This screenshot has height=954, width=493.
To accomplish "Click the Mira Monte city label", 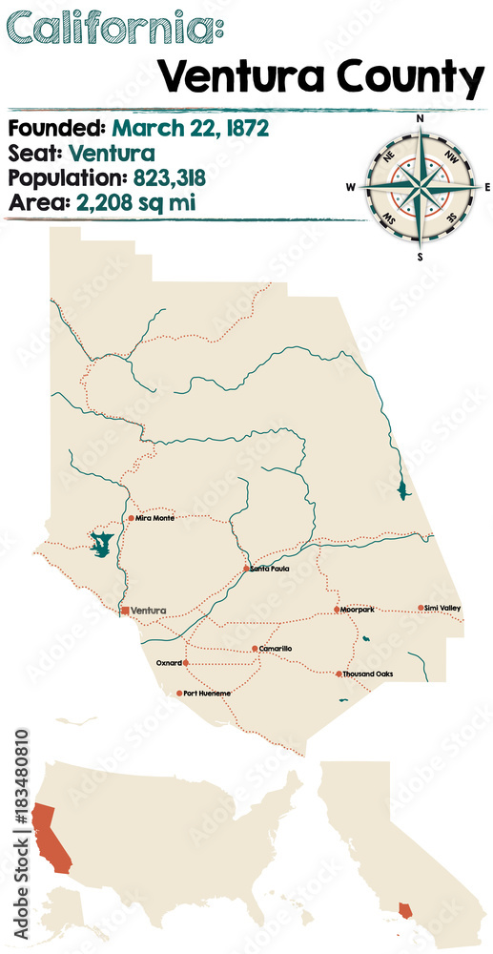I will (155, 518).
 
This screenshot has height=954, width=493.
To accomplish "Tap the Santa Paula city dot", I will (246, 569).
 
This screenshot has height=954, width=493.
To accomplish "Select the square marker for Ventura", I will (124, 610).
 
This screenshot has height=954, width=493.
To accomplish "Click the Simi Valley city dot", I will (421, 608).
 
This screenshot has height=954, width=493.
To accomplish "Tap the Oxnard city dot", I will (186, 662).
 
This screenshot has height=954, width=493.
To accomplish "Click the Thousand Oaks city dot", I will (339, 674).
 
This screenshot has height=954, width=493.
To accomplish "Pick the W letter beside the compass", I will (351, 187).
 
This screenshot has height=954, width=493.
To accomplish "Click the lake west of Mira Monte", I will (100, 545).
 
